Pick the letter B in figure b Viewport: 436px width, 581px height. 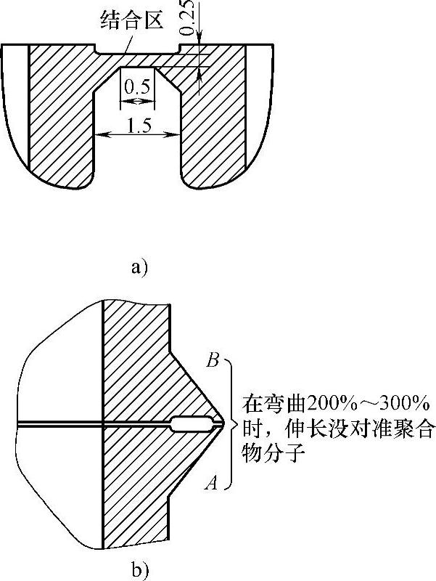click(x=213, y=359)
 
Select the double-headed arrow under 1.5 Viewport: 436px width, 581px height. click(x=138, y=135)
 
